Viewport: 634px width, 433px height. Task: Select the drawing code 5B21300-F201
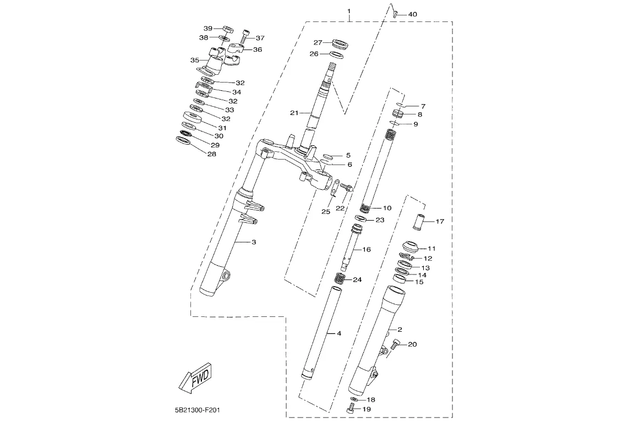tap(198, 410)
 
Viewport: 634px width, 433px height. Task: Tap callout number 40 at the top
tap(412, 14)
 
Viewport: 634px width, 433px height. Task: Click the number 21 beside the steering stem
tap(294, 113)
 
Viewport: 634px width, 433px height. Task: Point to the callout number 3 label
tap(254, 242)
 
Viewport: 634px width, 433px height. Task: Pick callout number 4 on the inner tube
tap(339, 333)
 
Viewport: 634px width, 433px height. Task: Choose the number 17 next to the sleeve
tap(440, 222)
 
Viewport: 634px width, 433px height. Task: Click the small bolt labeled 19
tap(350, 410)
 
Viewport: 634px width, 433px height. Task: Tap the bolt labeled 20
tap(396, 345)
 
